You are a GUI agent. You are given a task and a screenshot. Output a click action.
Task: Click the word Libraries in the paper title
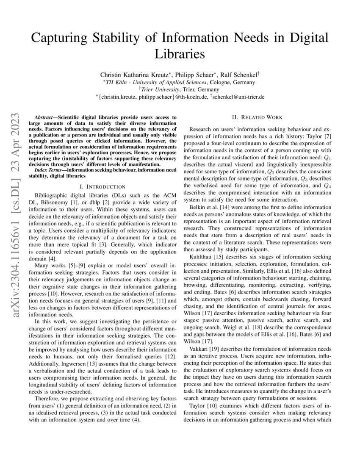(180, 54)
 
